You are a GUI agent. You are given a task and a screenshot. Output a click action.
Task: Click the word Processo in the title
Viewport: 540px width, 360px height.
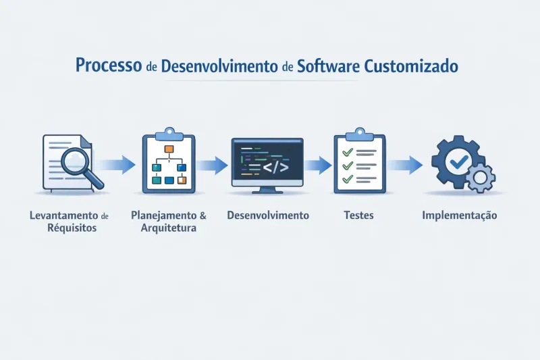pos(108,66)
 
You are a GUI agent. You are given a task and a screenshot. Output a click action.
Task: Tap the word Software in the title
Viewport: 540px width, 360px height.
pos(327,66)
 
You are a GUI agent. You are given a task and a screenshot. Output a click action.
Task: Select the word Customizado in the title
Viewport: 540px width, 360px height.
pos(412,66)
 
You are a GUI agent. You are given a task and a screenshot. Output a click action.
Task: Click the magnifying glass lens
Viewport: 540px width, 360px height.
pos(79,161)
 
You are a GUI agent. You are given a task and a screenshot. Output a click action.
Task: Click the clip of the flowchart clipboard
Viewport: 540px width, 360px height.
pos(168,132)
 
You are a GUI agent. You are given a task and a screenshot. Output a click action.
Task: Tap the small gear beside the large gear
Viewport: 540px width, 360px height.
pos(481,178)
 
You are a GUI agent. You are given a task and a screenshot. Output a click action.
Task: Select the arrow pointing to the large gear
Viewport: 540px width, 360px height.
pos(406,163)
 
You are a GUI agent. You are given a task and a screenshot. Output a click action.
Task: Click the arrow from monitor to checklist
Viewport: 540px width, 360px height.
pos(318,164)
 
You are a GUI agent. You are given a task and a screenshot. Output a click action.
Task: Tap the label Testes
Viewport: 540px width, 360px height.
pos(358,216)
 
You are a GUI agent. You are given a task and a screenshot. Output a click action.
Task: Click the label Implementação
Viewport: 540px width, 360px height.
pos(459,216)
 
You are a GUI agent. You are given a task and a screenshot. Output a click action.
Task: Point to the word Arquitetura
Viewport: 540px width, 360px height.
pos(169,228)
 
